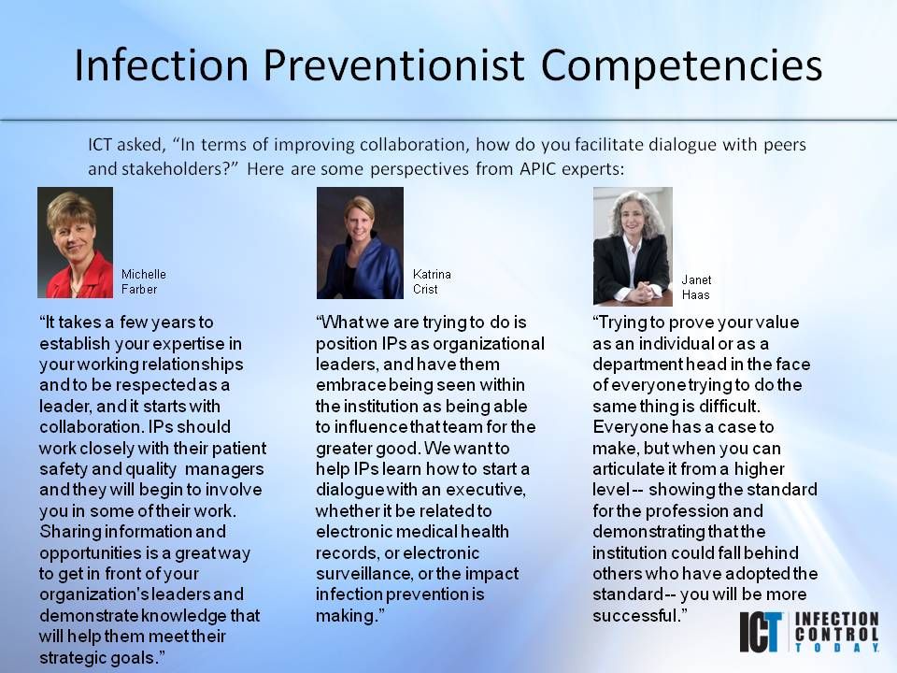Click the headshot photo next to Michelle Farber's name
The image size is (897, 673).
pos(75,242)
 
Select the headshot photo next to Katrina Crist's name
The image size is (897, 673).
pos(360,242)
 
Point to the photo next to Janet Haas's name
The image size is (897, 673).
pos(632,246)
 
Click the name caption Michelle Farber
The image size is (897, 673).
pos(143,281)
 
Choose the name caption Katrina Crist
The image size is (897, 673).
pos(432,281)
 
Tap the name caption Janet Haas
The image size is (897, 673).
pos(696,287)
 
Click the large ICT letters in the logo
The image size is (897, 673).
pos(763,632)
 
